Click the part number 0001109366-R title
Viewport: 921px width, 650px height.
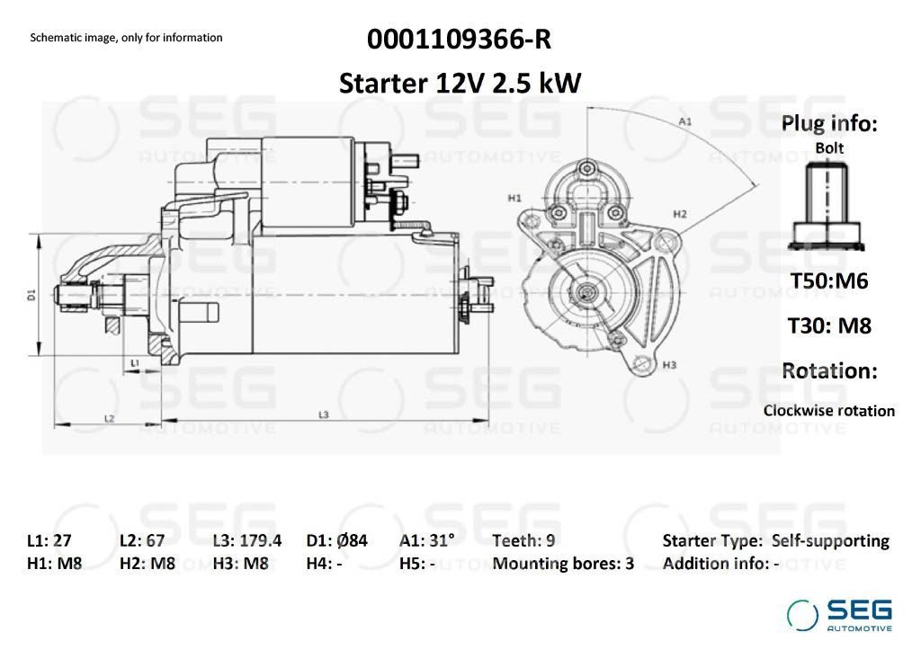pos(460,40)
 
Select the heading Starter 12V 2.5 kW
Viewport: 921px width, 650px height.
pos(460,83)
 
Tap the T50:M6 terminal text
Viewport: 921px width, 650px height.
pos(828,280)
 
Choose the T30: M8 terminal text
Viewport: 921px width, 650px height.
pos(829,325)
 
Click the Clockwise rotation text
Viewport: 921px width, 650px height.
pos(828,411)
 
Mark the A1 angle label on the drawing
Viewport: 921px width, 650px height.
pos(684,121)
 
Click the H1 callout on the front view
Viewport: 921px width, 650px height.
pos(514,199)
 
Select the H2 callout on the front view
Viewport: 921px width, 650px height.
pos(680,214)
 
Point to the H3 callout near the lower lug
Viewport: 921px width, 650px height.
pos(669,365)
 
